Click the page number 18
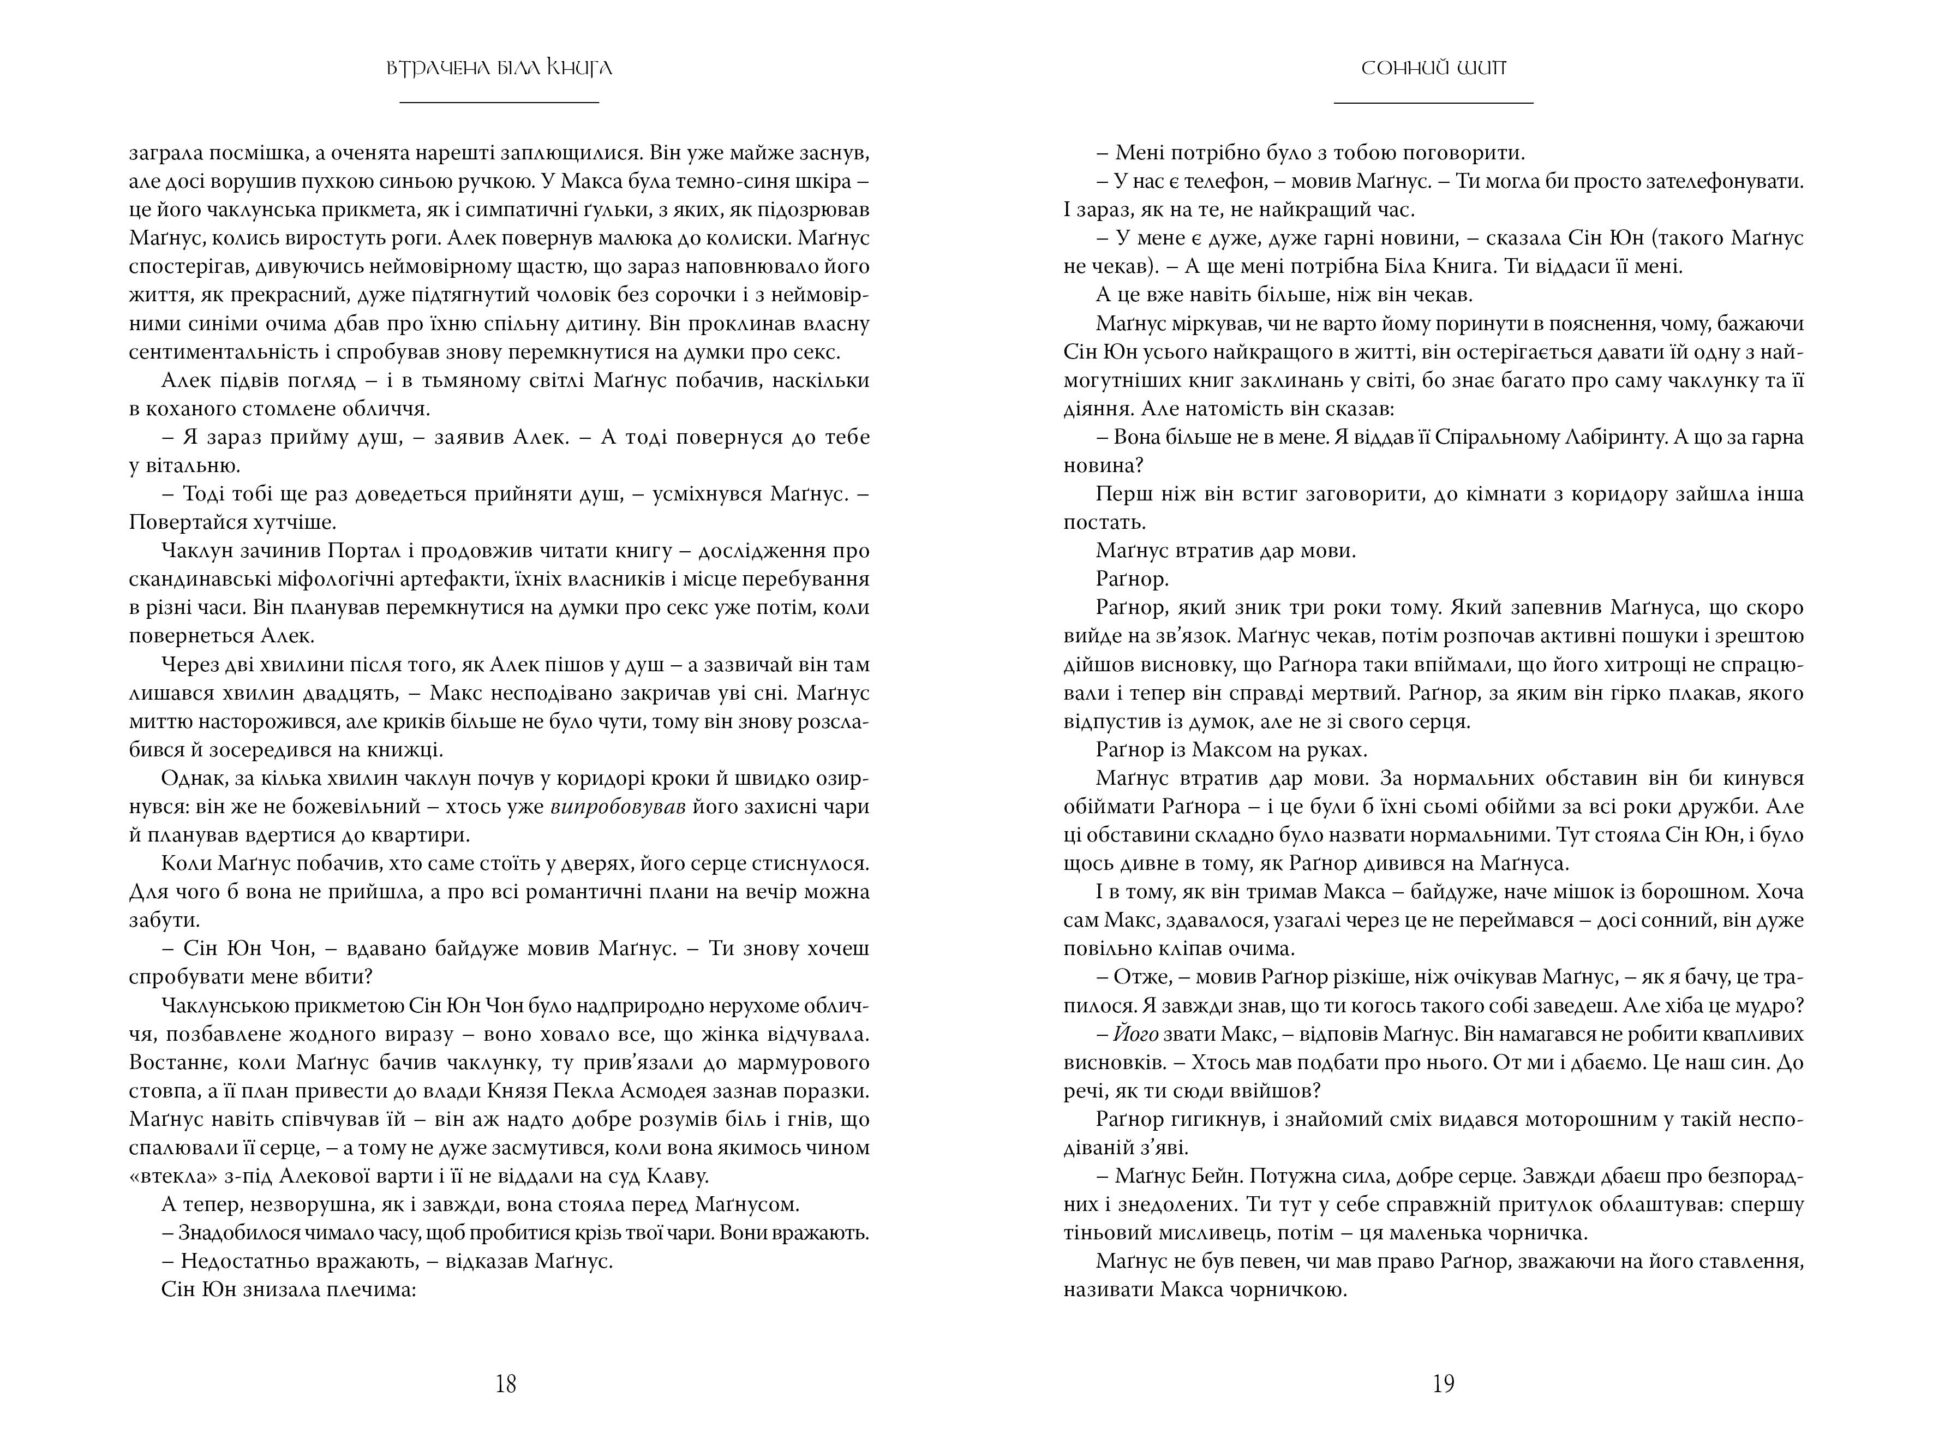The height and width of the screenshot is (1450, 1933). (506, 1383)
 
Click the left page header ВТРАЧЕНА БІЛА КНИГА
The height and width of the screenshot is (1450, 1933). (499, 68)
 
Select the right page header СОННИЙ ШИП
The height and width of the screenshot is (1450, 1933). (1434, 68)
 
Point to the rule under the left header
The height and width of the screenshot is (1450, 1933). (499, 103)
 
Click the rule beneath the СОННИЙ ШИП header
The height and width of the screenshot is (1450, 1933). (1434, 103)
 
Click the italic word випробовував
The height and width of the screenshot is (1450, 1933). (618, 807)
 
